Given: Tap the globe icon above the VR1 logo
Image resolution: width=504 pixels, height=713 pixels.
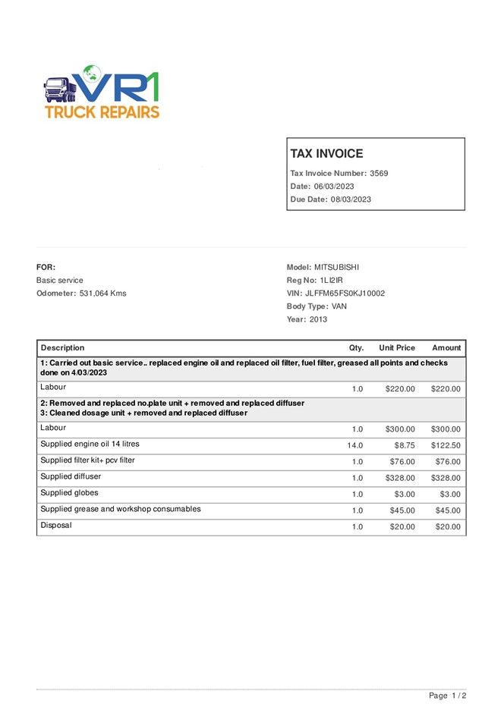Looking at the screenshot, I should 93,74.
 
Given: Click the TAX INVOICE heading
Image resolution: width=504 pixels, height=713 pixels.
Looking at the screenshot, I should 326,153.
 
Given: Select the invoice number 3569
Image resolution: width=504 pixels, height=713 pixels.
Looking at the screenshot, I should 379,174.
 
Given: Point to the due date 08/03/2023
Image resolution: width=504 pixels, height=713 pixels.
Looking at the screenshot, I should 351,199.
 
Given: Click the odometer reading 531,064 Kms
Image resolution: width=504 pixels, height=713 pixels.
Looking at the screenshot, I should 102,294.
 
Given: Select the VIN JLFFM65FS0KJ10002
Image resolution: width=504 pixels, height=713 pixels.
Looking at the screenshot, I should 345,294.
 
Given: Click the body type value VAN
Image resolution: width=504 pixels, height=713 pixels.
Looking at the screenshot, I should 339,306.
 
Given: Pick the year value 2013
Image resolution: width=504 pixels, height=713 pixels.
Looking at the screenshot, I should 318,319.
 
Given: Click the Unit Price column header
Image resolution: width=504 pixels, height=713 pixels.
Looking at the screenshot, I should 397,348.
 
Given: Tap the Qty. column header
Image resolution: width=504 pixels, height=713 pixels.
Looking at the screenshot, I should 356,348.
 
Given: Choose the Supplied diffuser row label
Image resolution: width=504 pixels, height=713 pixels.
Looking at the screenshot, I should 71,477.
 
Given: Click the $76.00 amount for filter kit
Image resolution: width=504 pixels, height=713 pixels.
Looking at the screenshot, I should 448,462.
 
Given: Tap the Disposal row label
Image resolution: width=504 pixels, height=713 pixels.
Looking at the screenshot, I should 55,526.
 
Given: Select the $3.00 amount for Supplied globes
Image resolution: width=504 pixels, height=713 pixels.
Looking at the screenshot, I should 450,494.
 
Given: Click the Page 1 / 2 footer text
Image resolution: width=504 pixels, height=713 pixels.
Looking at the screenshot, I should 447,696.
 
